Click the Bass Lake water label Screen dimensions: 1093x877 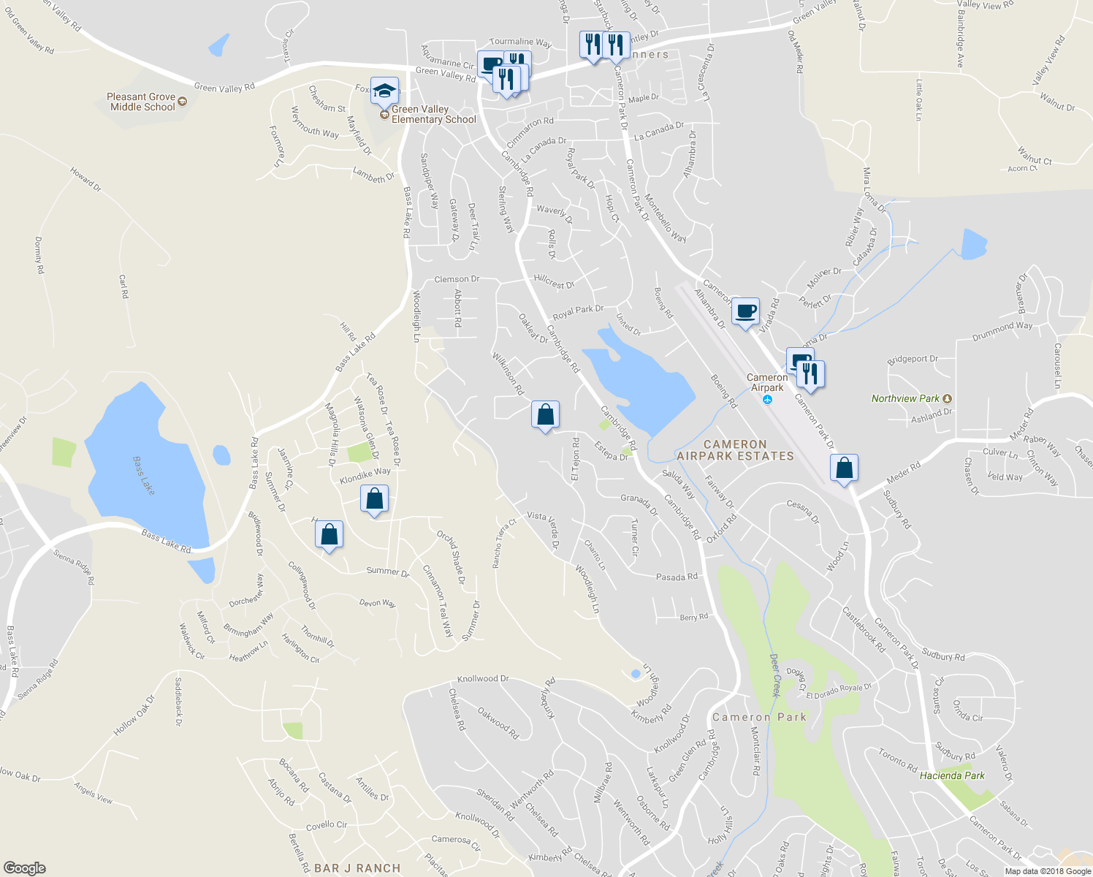pyautogui.click(x=144, y=476)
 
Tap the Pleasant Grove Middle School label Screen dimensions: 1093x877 pyautogui.click(x=142, y=102)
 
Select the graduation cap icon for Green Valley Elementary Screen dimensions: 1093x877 pyautogui.click(x=384, y=91)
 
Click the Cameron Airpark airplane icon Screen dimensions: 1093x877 pyautogui.click(x=767, y=400)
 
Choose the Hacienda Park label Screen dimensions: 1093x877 pyautogui.click(x=952, y=775)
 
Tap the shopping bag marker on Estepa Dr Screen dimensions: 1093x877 pyautogui.click(x=545, y=415)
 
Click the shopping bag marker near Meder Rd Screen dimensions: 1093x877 pyautogui.click(x=844, y=468)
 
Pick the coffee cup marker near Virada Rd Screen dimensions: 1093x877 pyautogui.click(x=745, y=311)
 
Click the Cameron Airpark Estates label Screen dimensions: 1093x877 pyautogui.click(x=735, y=450)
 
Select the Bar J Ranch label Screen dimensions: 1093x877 pyautogui.click(x=357, y=868)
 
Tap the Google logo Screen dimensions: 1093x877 pyautogui.click(x=25, y=868)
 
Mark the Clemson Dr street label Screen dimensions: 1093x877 pyautogui.click(x=457, y=279)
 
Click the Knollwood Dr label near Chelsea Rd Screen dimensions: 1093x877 pyautogui.click(x=483, y=679)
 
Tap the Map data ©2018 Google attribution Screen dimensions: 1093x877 pyautogui.click(x=1048, y=871)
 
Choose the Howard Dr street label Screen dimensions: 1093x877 pyautogui.click(x=85, y=179)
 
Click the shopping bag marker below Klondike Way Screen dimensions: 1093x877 pyautogui.click(x=374, y=500)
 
